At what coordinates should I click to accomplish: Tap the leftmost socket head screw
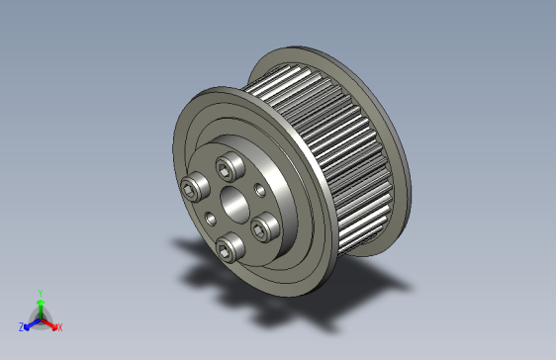195,188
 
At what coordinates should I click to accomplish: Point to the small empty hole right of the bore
260,189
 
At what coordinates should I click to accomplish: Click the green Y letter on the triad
40,292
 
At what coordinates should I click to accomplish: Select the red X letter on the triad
59,326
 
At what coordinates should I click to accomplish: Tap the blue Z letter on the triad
22,326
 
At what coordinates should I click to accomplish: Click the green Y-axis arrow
40,305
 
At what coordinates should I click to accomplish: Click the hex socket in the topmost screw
231,164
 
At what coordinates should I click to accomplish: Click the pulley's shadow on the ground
297,287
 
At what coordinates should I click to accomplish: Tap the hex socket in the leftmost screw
193,188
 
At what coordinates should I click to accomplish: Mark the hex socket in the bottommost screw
229,246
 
